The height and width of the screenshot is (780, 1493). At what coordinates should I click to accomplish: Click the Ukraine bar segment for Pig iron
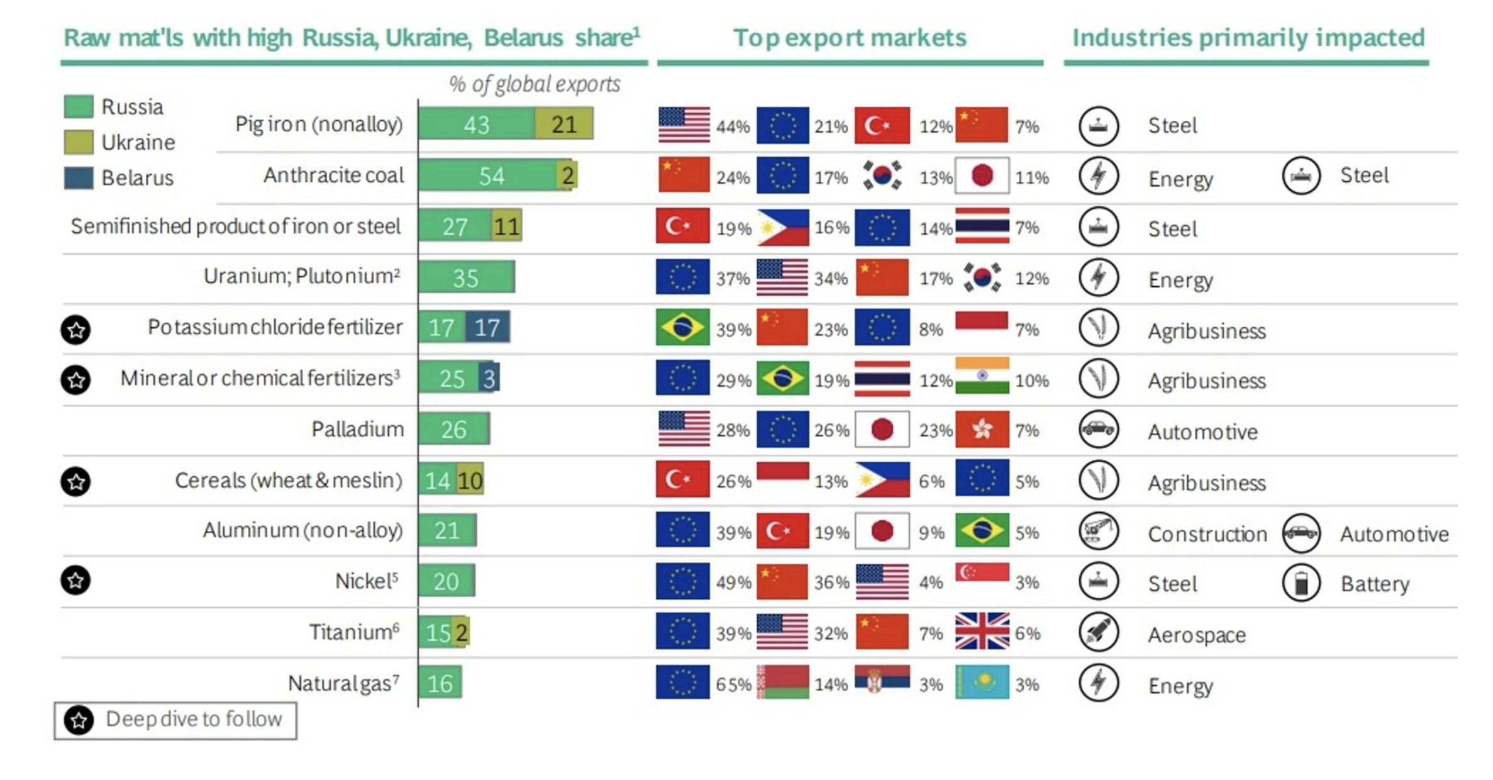pyautogui.click(x=563, y=124)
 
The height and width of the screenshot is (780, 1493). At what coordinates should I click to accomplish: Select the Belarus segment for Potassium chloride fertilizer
pyautogui.click(x=487, y=327)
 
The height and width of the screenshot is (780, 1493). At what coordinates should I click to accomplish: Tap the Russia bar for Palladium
pyautogui.click(x=453, y=429)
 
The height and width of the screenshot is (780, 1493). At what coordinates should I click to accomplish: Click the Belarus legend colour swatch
pyautogui.click(x=79, y=178)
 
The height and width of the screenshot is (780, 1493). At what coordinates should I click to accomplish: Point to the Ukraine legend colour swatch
pyautogui.click(x=79, y=142)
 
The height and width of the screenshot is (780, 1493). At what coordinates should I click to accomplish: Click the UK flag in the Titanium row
pyautogui.click(x=982, y=631)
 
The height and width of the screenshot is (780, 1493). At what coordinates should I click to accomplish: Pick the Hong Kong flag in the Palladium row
pyautogui.click(x=982, y=430)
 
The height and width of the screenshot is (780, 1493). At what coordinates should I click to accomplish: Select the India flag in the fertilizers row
pyautogui.click(x=982, y=376)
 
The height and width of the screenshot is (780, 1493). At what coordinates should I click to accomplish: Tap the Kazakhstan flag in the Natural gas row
pyautogui.click(x=982, y=682)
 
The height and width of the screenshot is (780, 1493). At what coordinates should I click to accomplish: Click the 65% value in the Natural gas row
pyautogui.click(x=733, y=684)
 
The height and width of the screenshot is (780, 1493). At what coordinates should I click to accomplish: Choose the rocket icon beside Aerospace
pyautogui.click(x=1099, y=632)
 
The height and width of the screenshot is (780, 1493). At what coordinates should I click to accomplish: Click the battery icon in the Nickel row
pyautogui.click(x=1301, y=582)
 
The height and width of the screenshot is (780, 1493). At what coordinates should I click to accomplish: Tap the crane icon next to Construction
pyautogui.click(x=1099, y=532)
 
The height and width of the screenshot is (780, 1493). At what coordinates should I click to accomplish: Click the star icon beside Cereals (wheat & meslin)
pyautogui.click(x=76, y=481)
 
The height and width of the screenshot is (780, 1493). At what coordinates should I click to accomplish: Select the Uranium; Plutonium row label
pyautogui.click(x=302, y=276)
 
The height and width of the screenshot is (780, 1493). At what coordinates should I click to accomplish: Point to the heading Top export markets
pyautogui.click(x=850, y=38)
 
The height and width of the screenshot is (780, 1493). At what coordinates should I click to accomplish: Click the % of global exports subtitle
pyautogui.click(x=535, y=84)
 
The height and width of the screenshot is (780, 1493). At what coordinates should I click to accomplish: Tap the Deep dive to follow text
pyautogui.click(x=194, y=719)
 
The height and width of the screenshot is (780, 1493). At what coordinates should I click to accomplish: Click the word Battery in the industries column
pyautogui.click(x=1375, y=584)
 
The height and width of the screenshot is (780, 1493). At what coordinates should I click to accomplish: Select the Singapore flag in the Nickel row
pyautogui.click(x=982, y=573)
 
